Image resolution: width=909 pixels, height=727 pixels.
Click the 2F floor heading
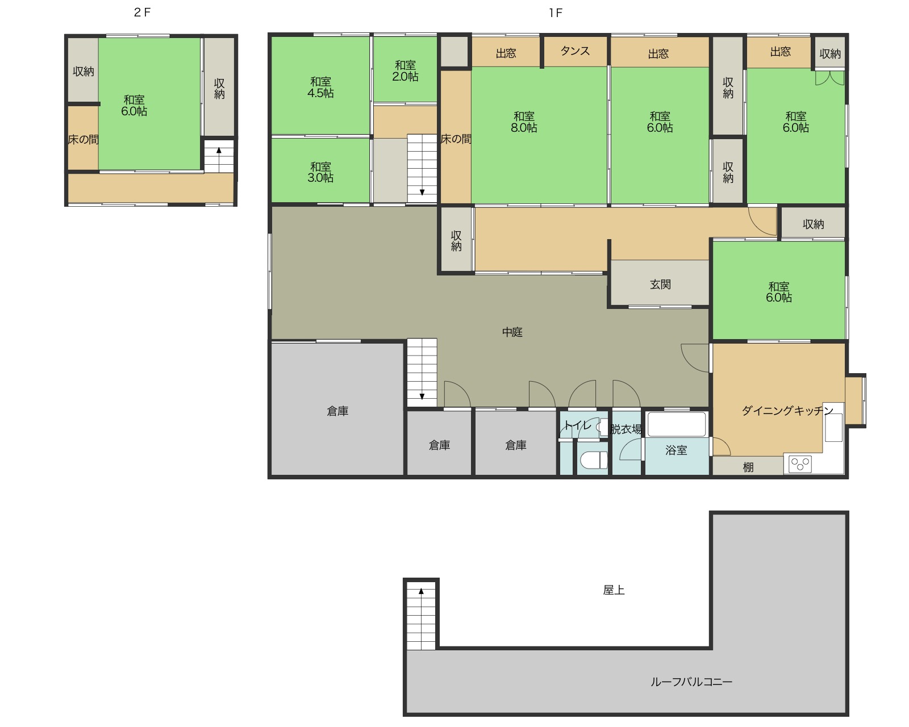pos(142,12)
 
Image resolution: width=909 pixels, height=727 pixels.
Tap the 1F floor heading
pos(556,13)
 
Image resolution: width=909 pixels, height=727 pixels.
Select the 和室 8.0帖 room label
pos(524,122)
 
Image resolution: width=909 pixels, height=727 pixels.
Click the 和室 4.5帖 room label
pos(320,87)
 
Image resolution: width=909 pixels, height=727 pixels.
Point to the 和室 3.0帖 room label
pos(320,172)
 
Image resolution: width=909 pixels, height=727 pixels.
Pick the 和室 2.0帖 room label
pos(405,70)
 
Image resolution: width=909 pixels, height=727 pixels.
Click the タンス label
pos(575,51)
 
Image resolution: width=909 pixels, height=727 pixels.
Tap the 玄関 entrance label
pos(660,285)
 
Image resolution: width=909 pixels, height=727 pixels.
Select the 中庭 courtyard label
pos(512,332)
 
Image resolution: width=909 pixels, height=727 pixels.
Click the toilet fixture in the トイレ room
pos(594,460)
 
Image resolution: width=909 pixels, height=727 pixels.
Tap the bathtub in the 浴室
pos(676,424)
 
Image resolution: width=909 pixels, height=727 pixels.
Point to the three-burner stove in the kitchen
pos(800,464)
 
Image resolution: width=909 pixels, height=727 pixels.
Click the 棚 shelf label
pos(748,467)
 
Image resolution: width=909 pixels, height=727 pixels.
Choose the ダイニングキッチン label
pos(788,411)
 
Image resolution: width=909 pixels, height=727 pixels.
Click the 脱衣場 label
pos(626,429)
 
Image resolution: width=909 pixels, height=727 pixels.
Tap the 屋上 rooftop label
pos(614,590)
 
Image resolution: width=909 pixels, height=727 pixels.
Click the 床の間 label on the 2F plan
pos(83,139)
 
